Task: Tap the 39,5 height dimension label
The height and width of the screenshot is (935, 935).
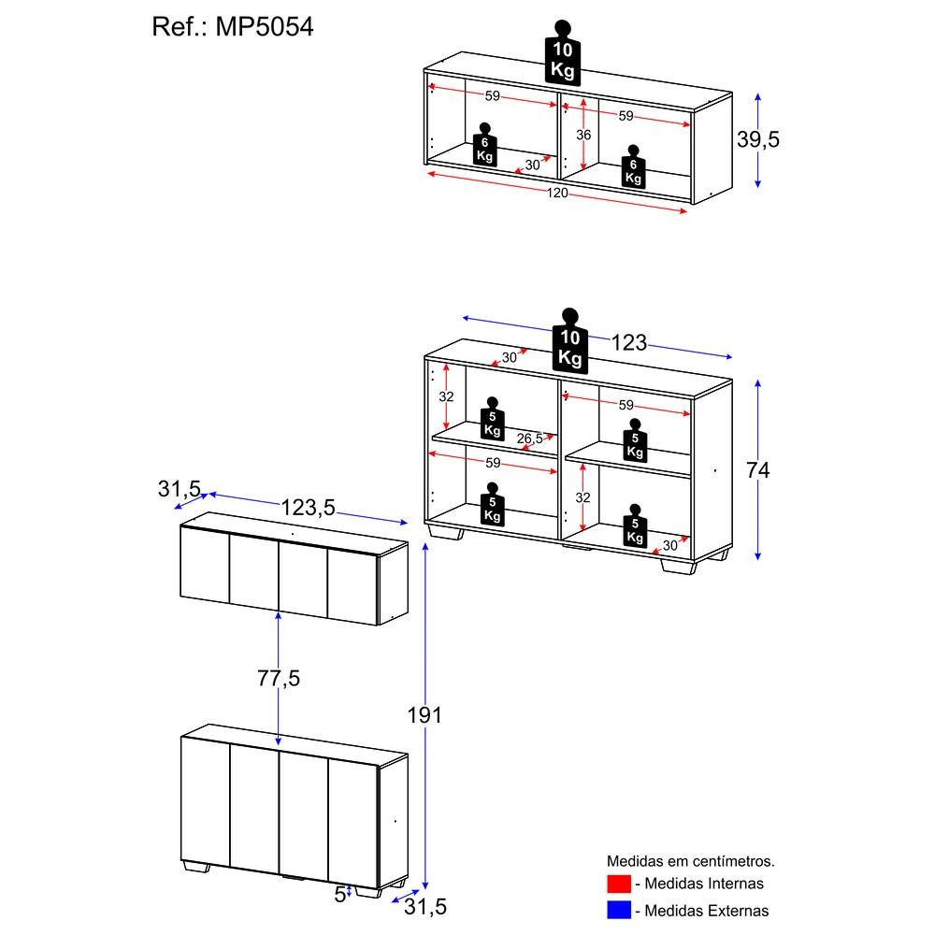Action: click(757, 139)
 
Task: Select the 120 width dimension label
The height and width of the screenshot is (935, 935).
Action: click(558, 194)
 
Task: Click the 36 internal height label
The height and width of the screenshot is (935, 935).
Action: click(583, 135)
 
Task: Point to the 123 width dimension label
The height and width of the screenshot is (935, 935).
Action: click(628, 343)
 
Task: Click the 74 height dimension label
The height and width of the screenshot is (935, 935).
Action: click(757, 470)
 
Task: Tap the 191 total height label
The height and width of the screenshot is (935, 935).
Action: click(424, 715)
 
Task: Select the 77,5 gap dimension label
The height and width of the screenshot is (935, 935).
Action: click(279, 679)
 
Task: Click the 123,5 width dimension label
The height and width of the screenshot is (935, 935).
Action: click(309, 508)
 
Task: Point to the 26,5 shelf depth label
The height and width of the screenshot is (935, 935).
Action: click(529, 439)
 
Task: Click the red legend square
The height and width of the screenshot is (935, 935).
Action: click(619, 884)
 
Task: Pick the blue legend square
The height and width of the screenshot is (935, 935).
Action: click(619, 909)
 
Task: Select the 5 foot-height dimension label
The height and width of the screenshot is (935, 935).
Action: click(339, 894)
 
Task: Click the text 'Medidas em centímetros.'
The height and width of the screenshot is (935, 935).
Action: click(690, 860)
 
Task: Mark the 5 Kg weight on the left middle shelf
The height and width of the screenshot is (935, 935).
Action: click(493, 422)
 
